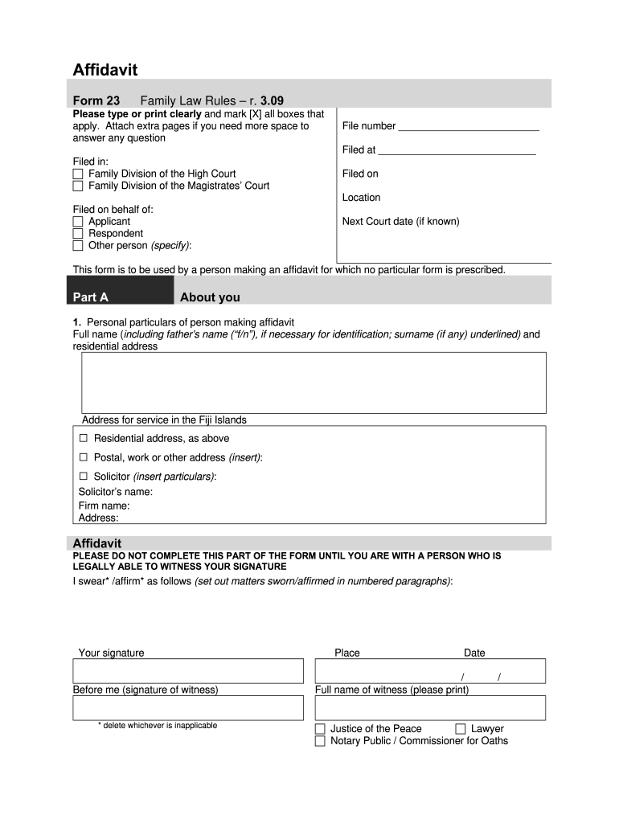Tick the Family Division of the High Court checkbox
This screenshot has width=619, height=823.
pyautogui.click(x=78, y=174)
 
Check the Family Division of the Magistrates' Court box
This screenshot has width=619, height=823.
pyautogui.click(x=78, y=186)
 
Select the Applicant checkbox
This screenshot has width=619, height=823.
pyautogui.click(x=78, y=221)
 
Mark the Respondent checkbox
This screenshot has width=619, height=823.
pyautogui.click(x=78, y=233)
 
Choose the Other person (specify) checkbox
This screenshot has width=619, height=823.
pyautogui.click(x=78, y=245)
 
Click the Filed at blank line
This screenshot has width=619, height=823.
pyautogui.click(x=457, y=150)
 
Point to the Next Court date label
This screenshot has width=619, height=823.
pyautogui.click(x=400, y=221)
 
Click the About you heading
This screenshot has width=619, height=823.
pyautogui.click(x=210, y=297)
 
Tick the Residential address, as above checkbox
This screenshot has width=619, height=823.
pyautogui.click(x=84, y=438)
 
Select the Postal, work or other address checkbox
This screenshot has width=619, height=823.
pyautogui.click(x=84, y=457)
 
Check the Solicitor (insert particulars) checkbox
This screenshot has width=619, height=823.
pyautogui.click(x=84, y=477)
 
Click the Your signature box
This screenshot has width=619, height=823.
pyautogui.click(x=188, y=671)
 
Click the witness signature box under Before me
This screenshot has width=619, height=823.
pyautogui.click(x=188, y=708)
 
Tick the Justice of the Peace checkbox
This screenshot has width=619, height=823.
pyautogui.click(x=320, y=729)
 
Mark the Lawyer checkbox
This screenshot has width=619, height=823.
pyautogui.click(x=461, y=729)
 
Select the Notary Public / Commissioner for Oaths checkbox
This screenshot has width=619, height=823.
pyautogui.click(x=320, y=741)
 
